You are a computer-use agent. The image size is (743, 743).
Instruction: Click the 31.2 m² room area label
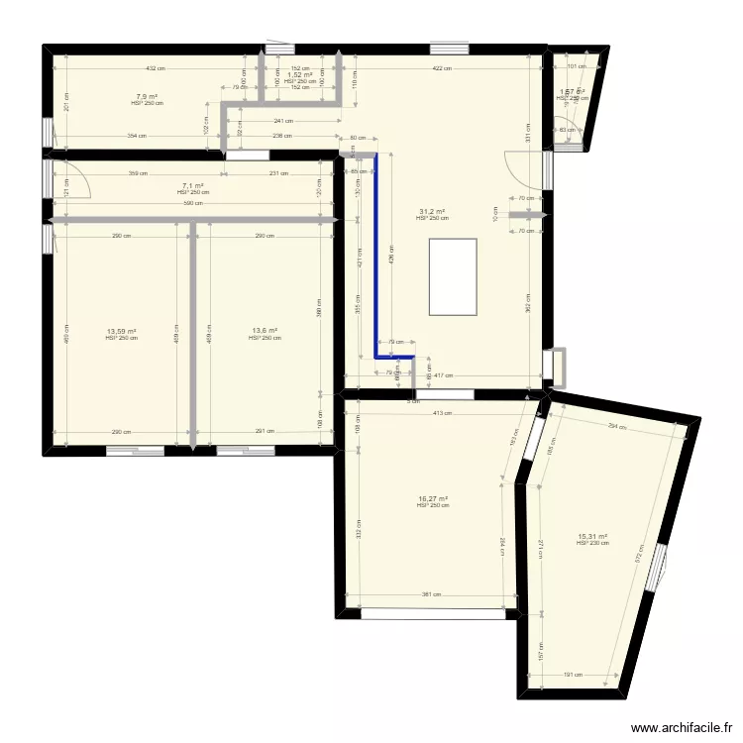(x=432, y=212)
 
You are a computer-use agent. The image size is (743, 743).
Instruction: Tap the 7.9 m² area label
(x=146, y=97)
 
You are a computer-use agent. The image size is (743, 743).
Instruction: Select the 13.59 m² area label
(x=121, y=332)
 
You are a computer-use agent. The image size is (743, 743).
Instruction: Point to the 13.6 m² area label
(x=265, y=332)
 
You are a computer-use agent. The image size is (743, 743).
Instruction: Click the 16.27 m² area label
(x=433, y=499)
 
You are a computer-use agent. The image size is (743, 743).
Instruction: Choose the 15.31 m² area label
(x=591, y=537)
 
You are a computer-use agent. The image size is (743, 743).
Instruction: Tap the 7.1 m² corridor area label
(x=193, y=186)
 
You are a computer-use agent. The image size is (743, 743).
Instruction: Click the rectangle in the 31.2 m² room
(x=453, y=276)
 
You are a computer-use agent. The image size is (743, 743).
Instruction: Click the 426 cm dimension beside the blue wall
(x=391, y=260)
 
